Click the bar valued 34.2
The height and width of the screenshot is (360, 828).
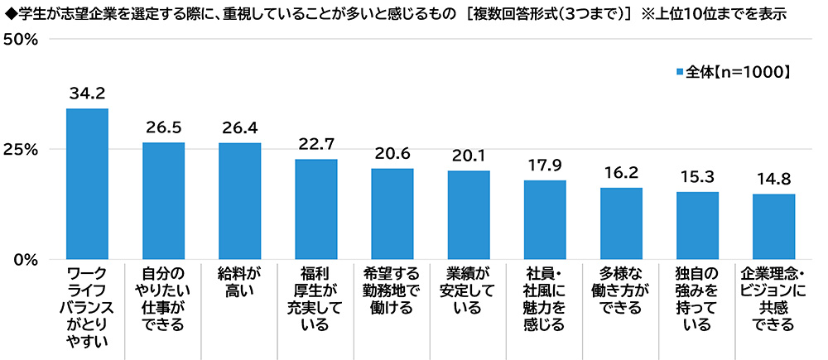tap(87, 184)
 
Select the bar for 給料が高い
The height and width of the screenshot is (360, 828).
tap(239, 201)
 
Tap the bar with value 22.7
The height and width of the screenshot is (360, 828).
tap(316, 209)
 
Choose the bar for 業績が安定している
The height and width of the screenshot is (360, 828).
tap(469, 214)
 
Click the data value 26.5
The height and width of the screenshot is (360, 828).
tap(163, 128)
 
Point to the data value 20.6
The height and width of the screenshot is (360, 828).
tap(392, 154)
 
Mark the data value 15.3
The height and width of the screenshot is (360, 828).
tap(697, 177)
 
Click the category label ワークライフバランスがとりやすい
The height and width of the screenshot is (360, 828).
tap(87, 306)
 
